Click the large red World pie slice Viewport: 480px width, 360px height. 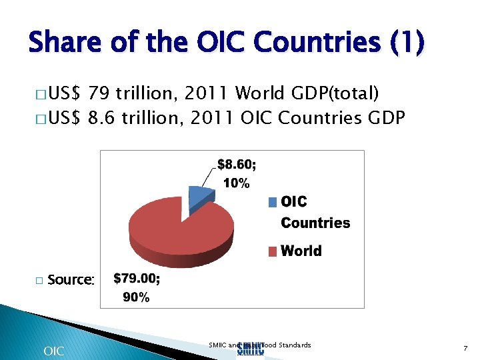point(180,233)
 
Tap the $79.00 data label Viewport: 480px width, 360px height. point(137,279)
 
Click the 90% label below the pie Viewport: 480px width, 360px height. point(136,297)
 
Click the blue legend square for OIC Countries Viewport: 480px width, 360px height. point(273,202)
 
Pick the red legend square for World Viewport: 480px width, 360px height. point(273,251)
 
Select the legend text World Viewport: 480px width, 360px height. point(301,251)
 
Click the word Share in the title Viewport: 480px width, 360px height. point(64,43)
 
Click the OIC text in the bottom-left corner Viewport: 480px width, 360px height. point(53,351)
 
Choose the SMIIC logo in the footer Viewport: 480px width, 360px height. point(251,349)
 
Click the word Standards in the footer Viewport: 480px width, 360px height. point(295,345)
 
